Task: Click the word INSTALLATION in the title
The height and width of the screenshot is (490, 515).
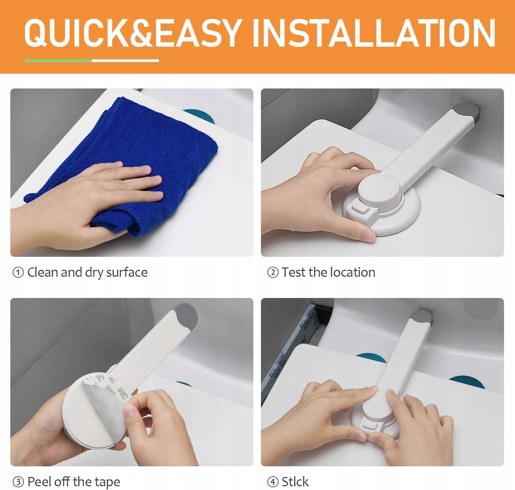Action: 374,33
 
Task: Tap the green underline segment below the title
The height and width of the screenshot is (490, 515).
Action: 58,61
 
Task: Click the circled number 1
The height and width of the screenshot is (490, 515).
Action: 18,272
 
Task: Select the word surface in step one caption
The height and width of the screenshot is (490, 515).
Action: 127,272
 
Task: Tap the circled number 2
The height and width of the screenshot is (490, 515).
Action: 273,272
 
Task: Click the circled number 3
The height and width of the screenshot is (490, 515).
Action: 18,482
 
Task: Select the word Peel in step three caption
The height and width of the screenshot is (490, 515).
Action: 38,481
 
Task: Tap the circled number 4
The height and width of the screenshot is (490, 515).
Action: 273,482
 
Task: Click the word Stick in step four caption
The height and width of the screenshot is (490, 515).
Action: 295,481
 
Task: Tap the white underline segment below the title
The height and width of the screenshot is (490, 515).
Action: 125,61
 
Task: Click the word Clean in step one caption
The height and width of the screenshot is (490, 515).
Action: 43,272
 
